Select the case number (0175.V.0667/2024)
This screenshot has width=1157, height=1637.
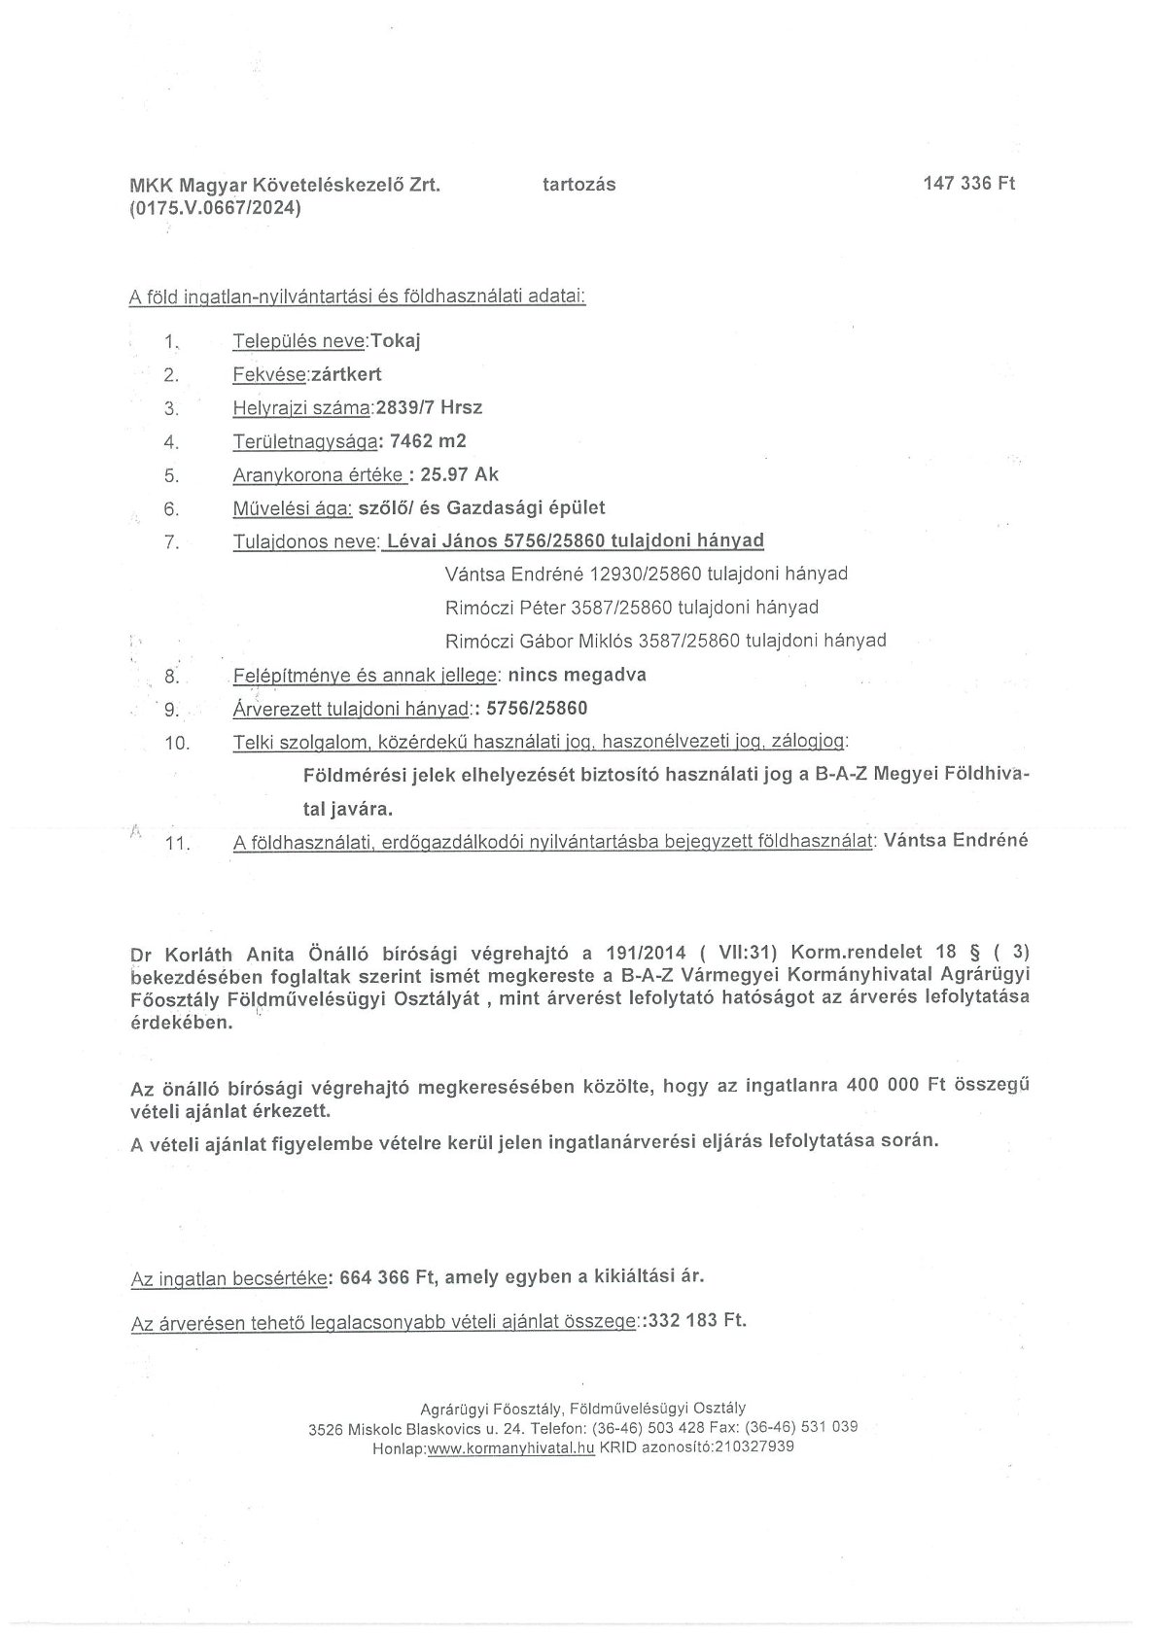(x=214, y=208)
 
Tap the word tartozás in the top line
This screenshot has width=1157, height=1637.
(x=579, y=184)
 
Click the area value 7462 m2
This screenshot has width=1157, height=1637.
(x=427, y=441)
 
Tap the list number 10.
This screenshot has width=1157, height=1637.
(x=177, y=744)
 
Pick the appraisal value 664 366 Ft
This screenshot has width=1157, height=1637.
(x=385, y=1277)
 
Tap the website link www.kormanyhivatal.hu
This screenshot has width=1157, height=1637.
(x=510, y=1447)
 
